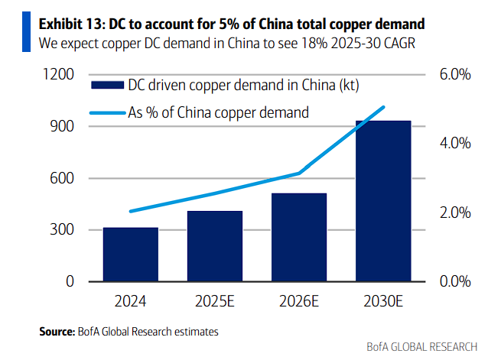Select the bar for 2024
coord(131,255)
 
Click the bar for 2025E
coord(215,246)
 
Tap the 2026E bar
coord(299,237)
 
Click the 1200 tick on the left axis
coord(58,74)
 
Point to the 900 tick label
coord(63,126)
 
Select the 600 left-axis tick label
coord(63,178)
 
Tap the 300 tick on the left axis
coord(63,230)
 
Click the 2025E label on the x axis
coord(215,301)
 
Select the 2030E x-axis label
coord(383,301)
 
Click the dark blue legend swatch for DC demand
coord(106,86)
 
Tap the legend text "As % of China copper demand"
coord(218,112)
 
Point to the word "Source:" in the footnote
coord(57,332)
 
